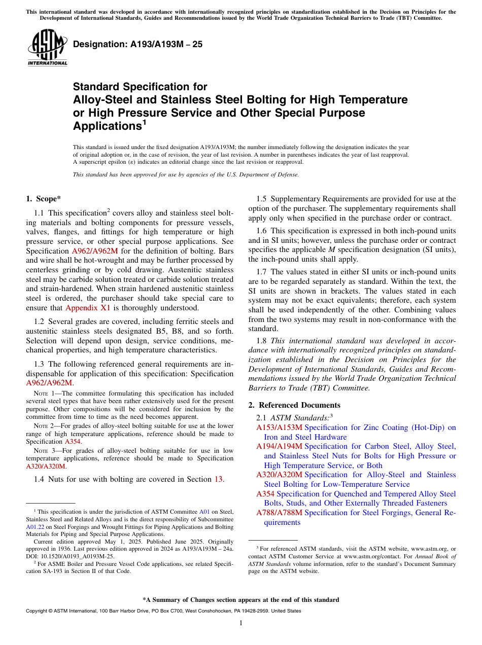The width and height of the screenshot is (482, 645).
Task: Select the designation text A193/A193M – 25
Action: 137,45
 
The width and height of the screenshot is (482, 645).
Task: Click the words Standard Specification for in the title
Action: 140,87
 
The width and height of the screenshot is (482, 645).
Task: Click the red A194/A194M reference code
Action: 279,446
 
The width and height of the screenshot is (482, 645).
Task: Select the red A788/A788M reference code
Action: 279,513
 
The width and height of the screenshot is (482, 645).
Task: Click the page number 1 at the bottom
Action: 241,623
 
